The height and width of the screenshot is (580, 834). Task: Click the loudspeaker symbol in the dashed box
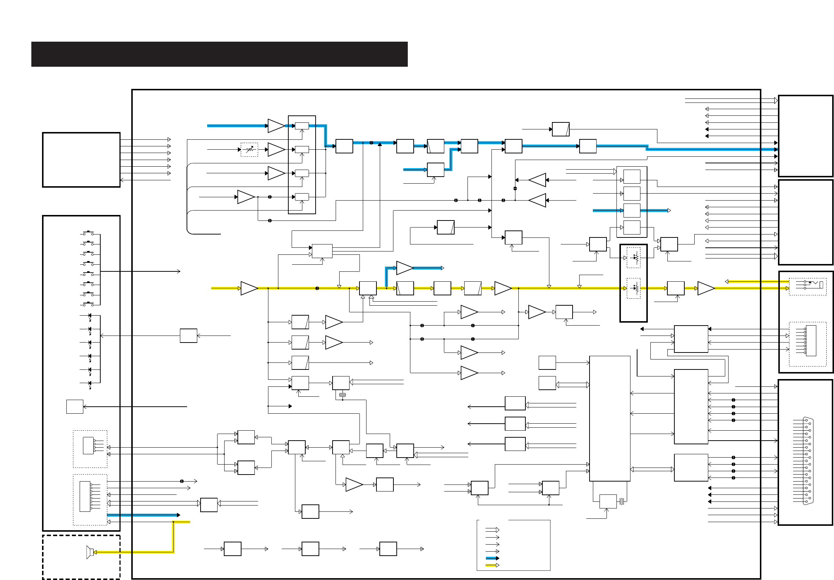pyautogui.click(x=89, y=552)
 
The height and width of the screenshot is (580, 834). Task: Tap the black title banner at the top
pyautogui.click(x=219, y=54)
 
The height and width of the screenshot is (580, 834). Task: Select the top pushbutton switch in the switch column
pyautogui.click(x=88, y=233)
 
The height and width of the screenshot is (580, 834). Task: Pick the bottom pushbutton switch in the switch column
pyautogui.click(x=88, y=304)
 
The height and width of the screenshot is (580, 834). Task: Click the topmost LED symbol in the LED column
pyautogui.click(x=90, y=316)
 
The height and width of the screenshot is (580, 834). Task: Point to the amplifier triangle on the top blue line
pyautogui.click(x=276, y=126)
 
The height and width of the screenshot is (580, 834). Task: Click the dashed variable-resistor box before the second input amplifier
pyautogui.click(x=249, y=149)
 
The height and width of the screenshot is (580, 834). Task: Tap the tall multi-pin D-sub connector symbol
pyautogui.click(x=808, y=461)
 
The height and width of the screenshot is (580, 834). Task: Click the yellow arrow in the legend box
pyautogui.click(x=492, y=565)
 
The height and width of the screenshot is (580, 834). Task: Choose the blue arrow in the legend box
pyautogui.click(x=492, y=558)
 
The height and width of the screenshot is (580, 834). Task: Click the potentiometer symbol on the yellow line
pyautogui.click(x=633, y=288)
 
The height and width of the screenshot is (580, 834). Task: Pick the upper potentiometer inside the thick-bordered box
pyautogui.click(x=633, y=257)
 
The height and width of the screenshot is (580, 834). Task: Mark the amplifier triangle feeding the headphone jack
pyautogui.click(x=705, y=288)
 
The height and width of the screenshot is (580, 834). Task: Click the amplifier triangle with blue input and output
pyautogui.click(x=404, y=268)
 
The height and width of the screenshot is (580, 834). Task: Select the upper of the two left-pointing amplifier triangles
pyautogui.click(x=537, y=180)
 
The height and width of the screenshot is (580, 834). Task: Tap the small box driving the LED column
pyautogui.click(x=188, y=336)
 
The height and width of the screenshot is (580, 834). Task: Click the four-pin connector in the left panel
pyautogui.click(x=88, y=445)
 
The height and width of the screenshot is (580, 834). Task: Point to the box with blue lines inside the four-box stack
pyautogui.click(x=632, y=211)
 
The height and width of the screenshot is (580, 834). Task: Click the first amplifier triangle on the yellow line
pyautogui.click(x=249, y=288)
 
